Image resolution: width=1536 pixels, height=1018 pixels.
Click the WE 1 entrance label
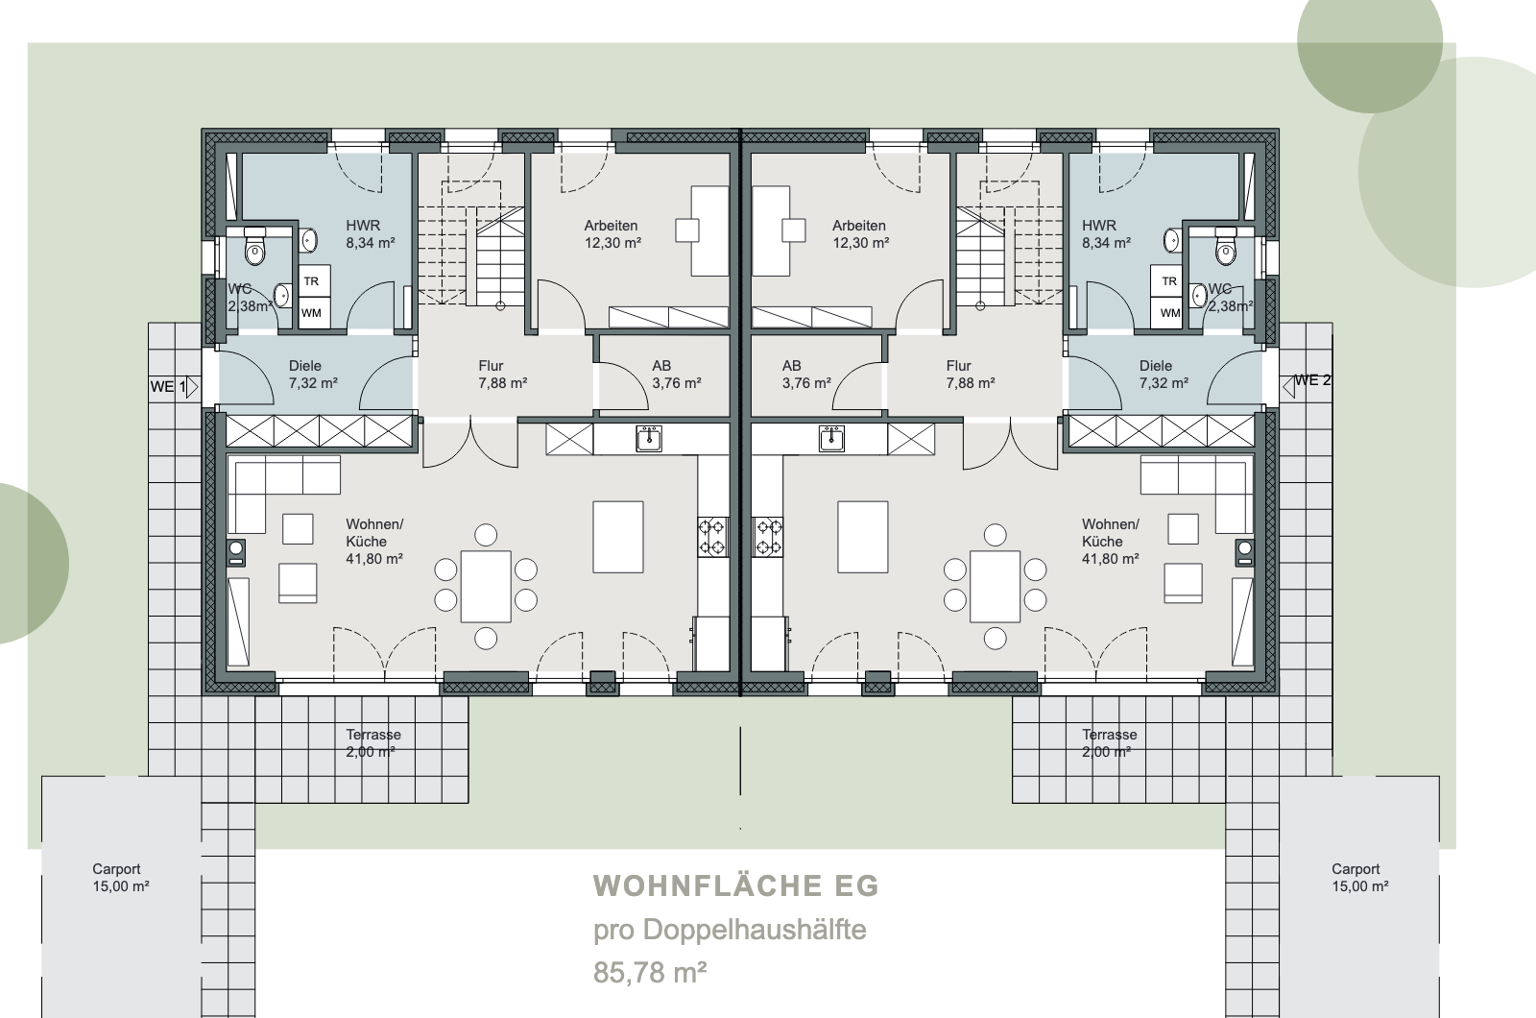tap(168, 387)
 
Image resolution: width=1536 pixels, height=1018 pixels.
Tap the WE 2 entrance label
tap(1312, 380)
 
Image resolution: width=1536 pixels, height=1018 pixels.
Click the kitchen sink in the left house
tap(649, 438)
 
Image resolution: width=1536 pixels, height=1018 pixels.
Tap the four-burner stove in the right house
tap(768, 537)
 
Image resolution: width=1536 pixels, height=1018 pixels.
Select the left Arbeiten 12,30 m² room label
tap(612, 234)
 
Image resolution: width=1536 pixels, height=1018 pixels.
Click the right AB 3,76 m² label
tap(806, 375)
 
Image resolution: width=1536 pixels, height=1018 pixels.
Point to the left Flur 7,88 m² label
tap(503, 375)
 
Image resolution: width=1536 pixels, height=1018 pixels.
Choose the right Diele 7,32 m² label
tap(1164, 375)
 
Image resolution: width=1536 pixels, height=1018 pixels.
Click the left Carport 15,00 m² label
tap(121, 878)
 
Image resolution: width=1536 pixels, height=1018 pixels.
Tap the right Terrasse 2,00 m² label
tap(1109, 743)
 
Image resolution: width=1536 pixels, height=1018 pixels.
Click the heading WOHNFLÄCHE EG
tap(735, 885)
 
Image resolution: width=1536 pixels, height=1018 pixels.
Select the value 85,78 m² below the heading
tap(650, 972)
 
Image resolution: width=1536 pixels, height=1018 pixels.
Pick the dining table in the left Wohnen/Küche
tap(486, 587)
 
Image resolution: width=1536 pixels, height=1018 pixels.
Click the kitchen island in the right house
tap(863, 537)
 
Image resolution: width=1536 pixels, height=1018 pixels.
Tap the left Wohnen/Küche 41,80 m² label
tap(374, 542)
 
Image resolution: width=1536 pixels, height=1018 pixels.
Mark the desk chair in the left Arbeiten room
tap(687, 230)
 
